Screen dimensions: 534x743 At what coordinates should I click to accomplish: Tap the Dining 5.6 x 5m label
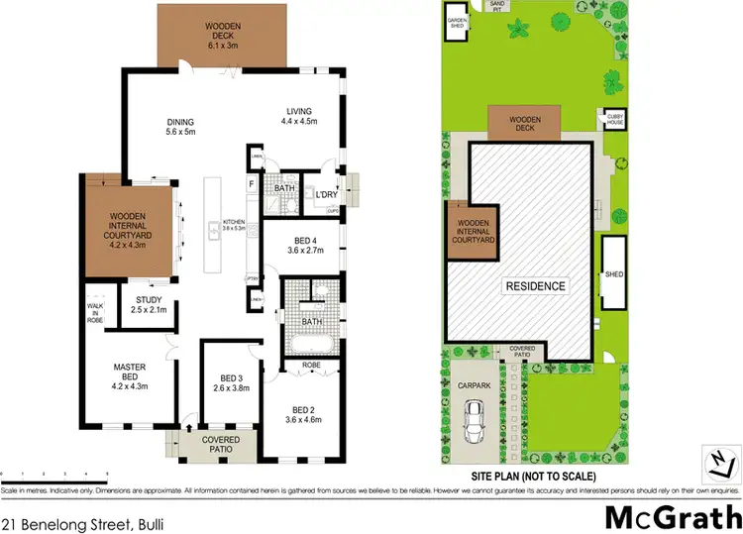pyautogui.click(x=180, y=127)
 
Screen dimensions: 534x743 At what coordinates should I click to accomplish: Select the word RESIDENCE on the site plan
pyautogui.click(x=536, y=286)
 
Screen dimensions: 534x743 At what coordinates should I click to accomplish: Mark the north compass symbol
pyautogui.click(x=722, y=461)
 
